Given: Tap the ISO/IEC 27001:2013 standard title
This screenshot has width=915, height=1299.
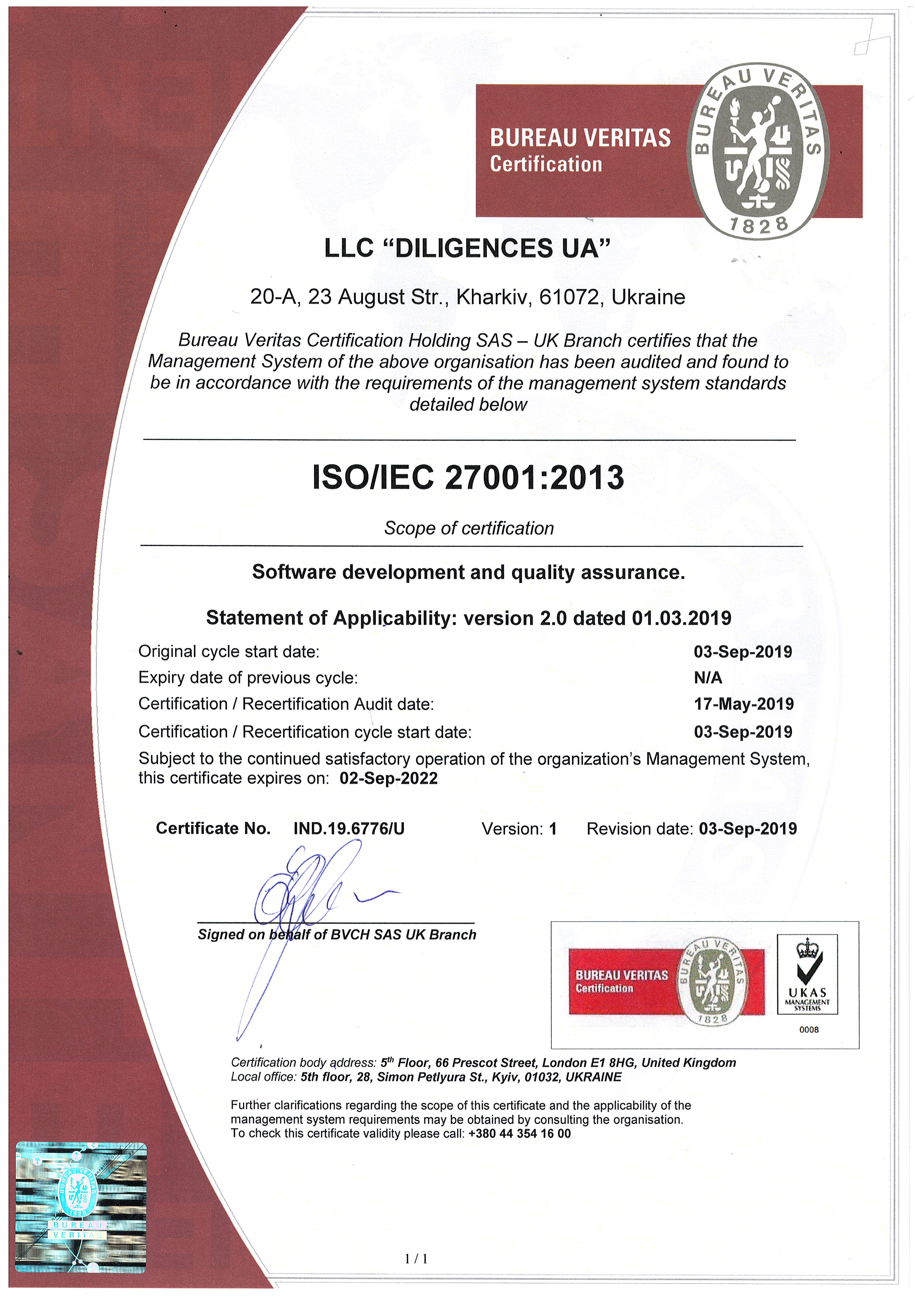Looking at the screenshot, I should tap(468, 478).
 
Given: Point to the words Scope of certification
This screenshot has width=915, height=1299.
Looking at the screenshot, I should tap(469, 528).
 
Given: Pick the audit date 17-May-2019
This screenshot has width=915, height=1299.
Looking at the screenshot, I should tap(744, 704).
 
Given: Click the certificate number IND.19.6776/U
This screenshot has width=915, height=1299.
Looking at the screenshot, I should tap(349, 829).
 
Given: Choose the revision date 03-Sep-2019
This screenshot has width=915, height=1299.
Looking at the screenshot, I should tap(747, 829).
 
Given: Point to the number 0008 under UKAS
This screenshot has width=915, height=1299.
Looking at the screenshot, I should tap(809, 1030).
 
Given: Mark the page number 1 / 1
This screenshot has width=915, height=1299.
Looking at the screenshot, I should tap(416, 1259).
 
